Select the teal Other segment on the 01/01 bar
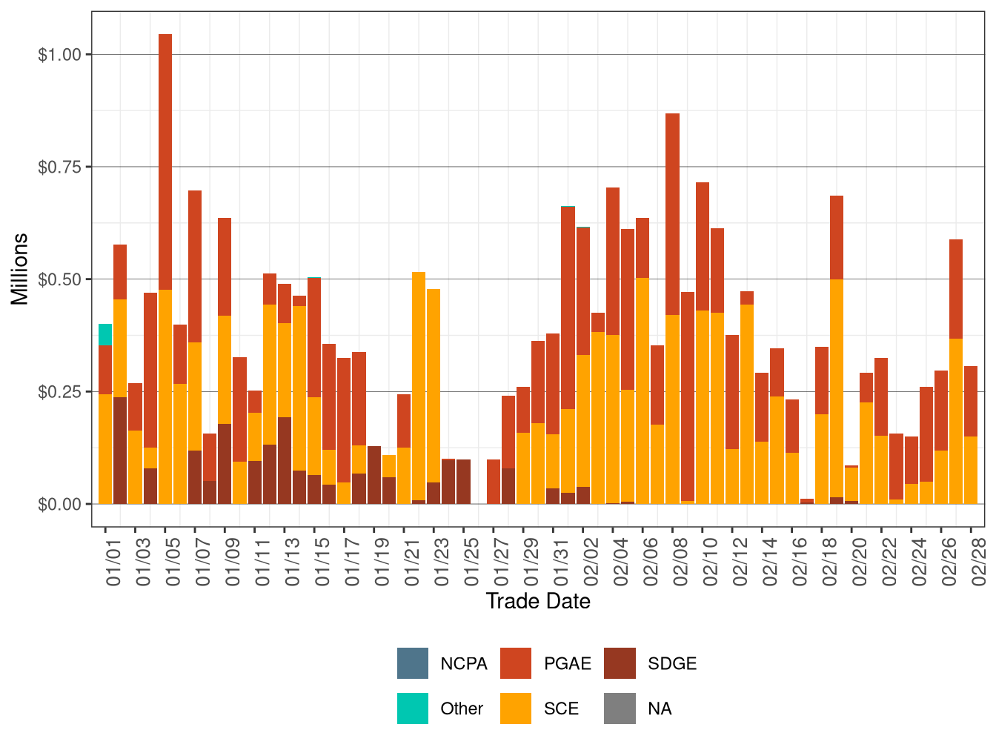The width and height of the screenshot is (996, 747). (x=105, y=334)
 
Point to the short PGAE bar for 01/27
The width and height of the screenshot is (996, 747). (x=494, y=481)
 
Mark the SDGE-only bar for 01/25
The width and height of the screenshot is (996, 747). (x=464, y=481)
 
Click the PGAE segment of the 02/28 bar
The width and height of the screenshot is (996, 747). (x=971, y=401)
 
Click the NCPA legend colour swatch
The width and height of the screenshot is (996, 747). (x=412, y=663)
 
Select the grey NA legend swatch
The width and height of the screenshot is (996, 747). (x=620, y=708)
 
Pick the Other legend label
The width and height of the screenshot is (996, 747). (x=461, y=708)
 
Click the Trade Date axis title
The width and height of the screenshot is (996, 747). (x=538, y=601)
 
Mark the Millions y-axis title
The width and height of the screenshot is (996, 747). (x=20, y=269)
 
